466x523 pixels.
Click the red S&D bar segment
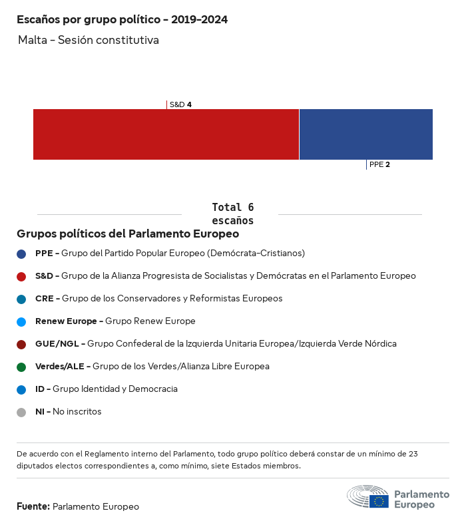coord(166,134)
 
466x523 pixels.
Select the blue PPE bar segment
coord(366,134)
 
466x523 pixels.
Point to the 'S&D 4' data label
coord(180,104)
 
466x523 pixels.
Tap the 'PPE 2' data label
coord(379,164)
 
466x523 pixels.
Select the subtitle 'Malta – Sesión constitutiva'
coord(89,41)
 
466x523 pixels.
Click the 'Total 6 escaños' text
coord(232,214)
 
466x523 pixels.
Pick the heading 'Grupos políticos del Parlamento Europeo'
coord(128,234)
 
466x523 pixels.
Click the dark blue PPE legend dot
coord(21,254)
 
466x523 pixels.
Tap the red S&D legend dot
coord(21,276)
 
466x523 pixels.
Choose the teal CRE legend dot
coord(21,299)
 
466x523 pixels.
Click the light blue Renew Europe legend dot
coord(21,321)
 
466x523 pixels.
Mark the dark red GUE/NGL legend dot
coord(21,344)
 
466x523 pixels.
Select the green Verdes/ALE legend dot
coord(21,367)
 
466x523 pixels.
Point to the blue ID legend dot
coord(21,389)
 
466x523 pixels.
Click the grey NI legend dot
coord(21,412)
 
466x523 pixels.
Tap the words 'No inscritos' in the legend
coord(77,412)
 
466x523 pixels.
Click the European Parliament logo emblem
coord(367,497)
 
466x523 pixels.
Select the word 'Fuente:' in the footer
coord(33,507)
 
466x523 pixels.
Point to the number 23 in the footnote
coord(412,454)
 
